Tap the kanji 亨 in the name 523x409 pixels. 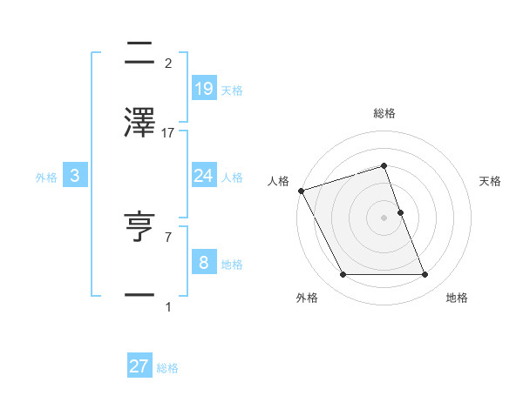[x=140, y=227]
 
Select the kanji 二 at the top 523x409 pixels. [x=140, y=55]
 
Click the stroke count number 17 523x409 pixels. [x=169, y=133]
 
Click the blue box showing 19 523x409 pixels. [x=203, y=88]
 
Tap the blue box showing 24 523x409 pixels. [x=203, y=176]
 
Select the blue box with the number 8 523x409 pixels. [x=203, y=262]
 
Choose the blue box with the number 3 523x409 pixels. [x=75, y=176]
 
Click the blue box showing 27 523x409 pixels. [x=139, y=366]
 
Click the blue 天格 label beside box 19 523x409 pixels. [x=232, y=91]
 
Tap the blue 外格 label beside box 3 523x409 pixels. [x=46, y=178]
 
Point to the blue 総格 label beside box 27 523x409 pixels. [x=167, y=369]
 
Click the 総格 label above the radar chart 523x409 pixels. [x=384, y=114]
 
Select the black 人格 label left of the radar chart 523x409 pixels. [x=279, y=181]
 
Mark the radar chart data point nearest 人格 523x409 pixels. [x=301, y=191]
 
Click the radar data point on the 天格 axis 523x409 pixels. [x=400, y=212]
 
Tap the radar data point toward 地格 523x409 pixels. [x=425, y=275]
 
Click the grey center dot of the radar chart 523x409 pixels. [x=384, y=218]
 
